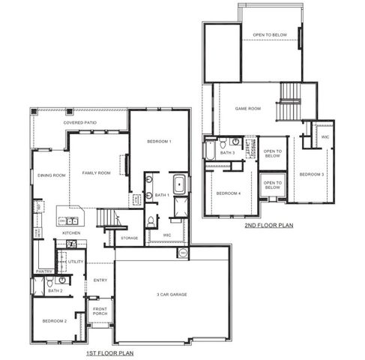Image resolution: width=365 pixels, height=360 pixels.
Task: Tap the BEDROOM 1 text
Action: click(x=159, y=142)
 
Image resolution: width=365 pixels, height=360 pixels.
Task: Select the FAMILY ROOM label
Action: click(x=96, y=172)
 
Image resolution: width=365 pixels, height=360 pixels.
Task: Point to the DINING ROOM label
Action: click(x=52, y=175)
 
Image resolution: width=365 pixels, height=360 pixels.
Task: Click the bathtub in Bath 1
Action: click(x=180, y=184)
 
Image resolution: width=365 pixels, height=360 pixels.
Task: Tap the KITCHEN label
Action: click(x=71, y=233)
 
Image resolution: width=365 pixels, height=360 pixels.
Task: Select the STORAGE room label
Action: click(x=129, y=238)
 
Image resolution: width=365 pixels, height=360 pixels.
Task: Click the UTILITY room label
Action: click(x=76, y=262)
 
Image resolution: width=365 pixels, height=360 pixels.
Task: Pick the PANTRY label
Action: click(x=43, y=271)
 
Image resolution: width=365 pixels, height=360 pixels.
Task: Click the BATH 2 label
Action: click(x=54, y=289)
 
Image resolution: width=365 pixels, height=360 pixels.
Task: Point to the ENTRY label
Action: click(x=100, y=280)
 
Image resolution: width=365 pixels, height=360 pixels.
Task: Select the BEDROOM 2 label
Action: click(x=55, y=320)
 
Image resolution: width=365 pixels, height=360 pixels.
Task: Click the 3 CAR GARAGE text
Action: click(x=172, y=294)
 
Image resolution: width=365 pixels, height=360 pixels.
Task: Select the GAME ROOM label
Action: click(x=247, y=109)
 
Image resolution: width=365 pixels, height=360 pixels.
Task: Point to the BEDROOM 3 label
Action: click(x=311, y=174)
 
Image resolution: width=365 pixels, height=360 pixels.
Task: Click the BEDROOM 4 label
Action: click(x=228, y=193)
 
